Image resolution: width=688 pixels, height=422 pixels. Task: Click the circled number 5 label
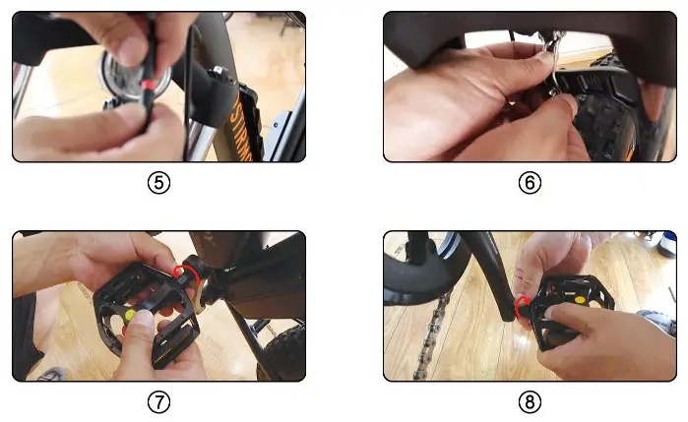click(x=157, y=183)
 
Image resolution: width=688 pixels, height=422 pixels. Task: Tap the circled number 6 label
click(x=530, y=183)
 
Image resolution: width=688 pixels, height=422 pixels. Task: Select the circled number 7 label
click(x=157, y=402)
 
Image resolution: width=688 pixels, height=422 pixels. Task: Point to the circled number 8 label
click(x=530, y=402)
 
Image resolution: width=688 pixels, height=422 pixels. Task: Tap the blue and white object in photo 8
click(x=666, y=245)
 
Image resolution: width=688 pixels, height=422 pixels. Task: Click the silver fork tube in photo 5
click(x=197, y=118)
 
